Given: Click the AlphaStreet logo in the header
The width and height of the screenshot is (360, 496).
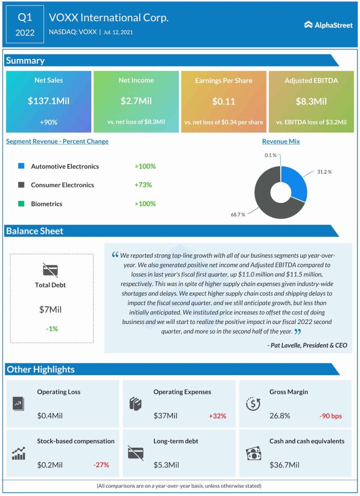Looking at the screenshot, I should pos(328,25).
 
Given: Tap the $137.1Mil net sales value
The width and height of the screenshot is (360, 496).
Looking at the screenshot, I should pos(49,101).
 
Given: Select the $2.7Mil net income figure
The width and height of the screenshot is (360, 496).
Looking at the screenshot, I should pos(136,101).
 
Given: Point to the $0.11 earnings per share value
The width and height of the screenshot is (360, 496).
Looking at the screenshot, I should pos(224,101).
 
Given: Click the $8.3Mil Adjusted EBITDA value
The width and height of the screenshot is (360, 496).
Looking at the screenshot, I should pos(311,101).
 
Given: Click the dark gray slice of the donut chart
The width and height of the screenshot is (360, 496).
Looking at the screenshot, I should pos(267,197).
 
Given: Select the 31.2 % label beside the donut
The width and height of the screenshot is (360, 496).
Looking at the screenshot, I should pos(323,172).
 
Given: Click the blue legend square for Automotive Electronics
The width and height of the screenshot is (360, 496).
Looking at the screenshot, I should pos(21,166).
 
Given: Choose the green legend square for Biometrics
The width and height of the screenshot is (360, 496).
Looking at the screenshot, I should pos(21,203).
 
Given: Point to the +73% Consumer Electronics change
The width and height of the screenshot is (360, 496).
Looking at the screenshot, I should pos(143,185).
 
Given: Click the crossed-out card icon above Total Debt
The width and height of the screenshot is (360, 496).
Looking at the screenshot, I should pos(50,270).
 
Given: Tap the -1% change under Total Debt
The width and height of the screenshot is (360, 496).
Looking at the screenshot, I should pos(52,329).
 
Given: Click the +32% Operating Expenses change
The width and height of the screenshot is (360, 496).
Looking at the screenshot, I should pos(217,416).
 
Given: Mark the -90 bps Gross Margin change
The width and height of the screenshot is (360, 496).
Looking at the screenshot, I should pos(330,416).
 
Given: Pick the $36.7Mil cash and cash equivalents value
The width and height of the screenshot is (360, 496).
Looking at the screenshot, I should pos(285,465).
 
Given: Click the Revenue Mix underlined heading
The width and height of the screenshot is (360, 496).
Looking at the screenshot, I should pos(281,141).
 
